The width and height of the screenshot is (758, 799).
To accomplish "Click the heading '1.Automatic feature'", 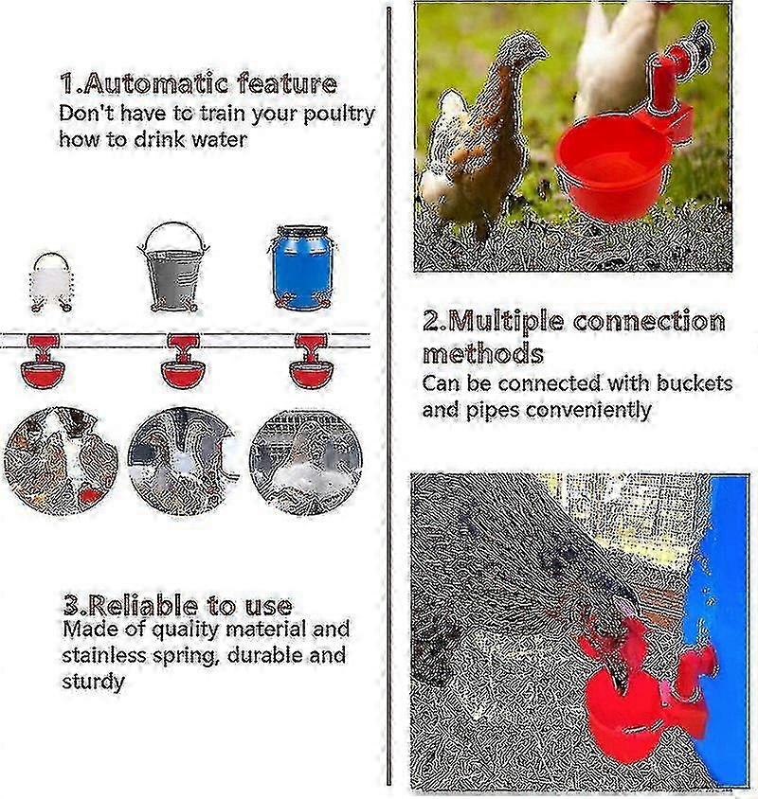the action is pos(198,83).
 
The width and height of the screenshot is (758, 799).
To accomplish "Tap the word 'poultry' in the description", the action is pos(339,115).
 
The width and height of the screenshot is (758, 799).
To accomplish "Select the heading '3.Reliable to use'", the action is pos(177,605).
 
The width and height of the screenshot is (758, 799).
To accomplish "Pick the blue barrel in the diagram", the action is pos(302,267).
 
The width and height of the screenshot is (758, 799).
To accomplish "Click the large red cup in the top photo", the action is pos(612,166).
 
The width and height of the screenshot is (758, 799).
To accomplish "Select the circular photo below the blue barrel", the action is pos(306,461).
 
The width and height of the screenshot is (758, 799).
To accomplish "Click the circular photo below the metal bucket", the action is pos(182,461).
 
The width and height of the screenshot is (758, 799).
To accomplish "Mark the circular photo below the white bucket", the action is pos(61,461).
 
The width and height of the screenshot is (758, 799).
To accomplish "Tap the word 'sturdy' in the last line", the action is pos(94,682).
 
